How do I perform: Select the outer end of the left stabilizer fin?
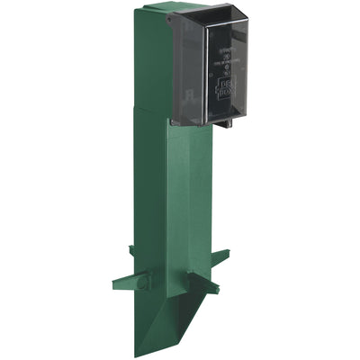(117, 285)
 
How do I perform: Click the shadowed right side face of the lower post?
(199, 207)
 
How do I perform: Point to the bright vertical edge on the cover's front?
(210, 72)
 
